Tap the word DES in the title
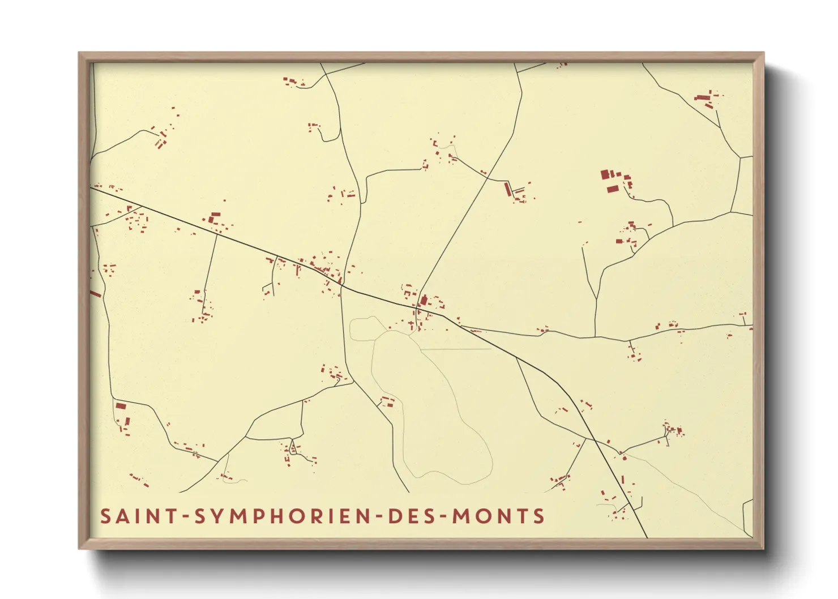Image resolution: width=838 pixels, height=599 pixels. (x=411, y=516)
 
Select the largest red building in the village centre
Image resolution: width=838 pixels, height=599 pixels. (x=424, y=300)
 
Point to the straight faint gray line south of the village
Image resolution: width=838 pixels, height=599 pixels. (x=456, y=349)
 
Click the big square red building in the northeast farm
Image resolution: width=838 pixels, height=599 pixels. (x=605, y=174)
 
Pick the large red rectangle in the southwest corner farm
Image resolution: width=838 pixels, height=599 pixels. (x=120, y=406)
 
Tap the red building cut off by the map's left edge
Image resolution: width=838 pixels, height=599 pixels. (x=95, y=294)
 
